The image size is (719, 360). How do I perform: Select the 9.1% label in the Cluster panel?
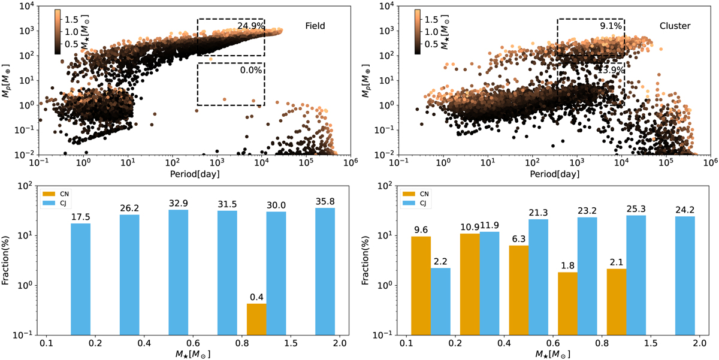611,26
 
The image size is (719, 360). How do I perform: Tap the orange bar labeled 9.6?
421,285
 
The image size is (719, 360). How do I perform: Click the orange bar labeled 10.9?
470,284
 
